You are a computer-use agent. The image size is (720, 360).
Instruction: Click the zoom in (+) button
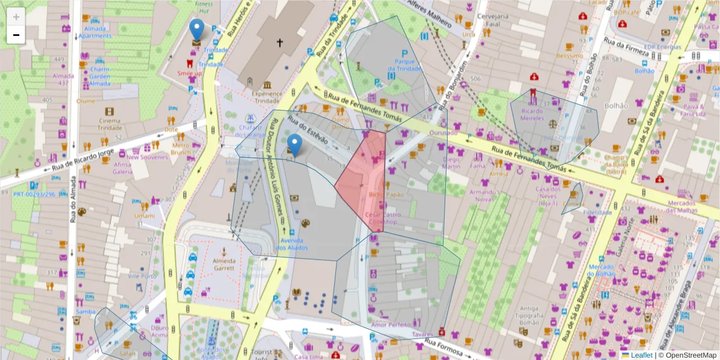tap(16, 16)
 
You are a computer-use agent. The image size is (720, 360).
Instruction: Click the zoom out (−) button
tap(16, 35)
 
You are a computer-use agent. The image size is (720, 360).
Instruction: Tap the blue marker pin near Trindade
tap(196, 30)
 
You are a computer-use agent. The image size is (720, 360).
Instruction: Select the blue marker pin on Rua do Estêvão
tap(294, 145)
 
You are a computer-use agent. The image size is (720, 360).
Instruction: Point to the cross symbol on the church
tap(279, 43)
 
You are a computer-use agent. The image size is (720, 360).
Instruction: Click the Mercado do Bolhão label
tap(602, 270)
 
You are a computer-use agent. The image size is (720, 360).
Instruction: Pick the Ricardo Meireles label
tap(532, 115)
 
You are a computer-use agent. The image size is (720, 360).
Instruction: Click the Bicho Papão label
tap(386, 194)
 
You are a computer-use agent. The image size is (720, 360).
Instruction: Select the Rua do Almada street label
tap(73, 204)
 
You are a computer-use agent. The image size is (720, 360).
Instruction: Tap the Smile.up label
tap(190, 73)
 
